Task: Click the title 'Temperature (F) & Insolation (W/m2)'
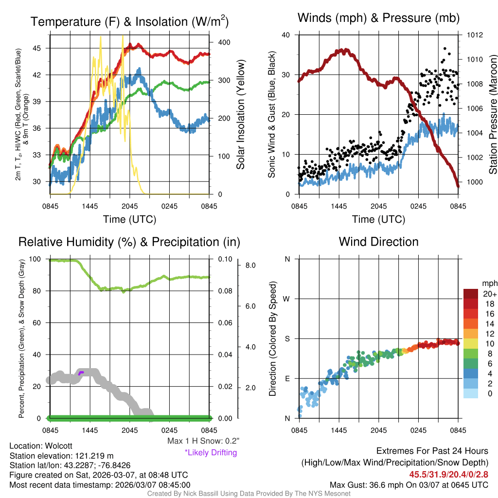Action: pos(129,22)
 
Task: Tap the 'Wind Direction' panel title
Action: pos(378,242)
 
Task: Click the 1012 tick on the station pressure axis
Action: pos(475,35)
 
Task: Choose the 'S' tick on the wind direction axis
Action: pos(287,338)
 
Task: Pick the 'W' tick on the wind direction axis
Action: pos(287,299)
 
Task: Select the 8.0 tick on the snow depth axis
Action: pos(250,266)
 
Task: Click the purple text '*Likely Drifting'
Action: pos(211,453)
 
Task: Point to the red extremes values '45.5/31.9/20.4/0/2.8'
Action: pos(448,474)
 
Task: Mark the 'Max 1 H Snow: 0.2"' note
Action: pos(203,441)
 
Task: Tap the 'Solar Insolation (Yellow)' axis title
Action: pos(240,115)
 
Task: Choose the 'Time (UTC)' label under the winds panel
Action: pos(378,219)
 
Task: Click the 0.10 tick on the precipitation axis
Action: pos(225,259)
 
